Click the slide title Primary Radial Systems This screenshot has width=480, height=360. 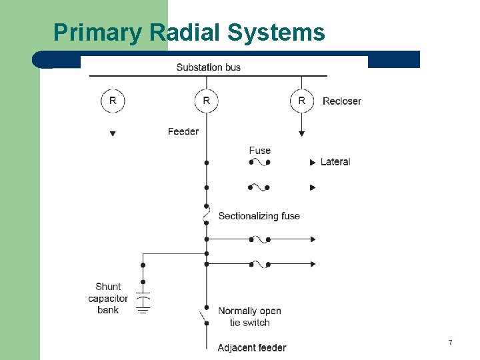pos(189,32)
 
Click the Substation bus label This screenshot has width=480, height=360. pos(208,67)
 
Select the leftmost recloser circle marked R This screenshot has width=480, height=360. pos(113,101)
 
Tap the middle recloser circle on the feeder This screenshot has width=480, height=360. pos(206,101)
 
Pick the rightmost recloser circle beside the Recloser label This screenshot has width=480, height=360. pos(301,101)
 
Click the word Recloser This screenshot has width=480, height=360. pos(341,101)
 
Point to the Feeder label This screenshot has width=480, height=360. pos(183,131)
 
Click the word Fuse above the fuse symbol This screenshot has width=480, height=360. pos(259,150)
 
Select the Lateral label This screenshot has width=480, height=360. pos(335,162)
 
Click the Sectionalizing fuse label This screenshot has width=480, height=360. pos(259,216)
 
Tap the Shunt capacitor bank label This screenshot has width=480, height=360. pos(108,298)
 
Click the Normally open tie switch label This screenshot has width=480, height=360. pos(249,317)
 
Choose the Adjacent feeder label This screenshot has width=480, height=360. pos(251,347)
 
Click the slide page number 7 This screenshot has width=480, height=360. pos(450,342)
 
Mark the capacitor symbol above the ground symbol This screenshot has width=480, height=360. pos(143,294)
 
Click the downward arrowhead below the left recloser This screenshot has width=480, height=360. pos(113,133)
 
